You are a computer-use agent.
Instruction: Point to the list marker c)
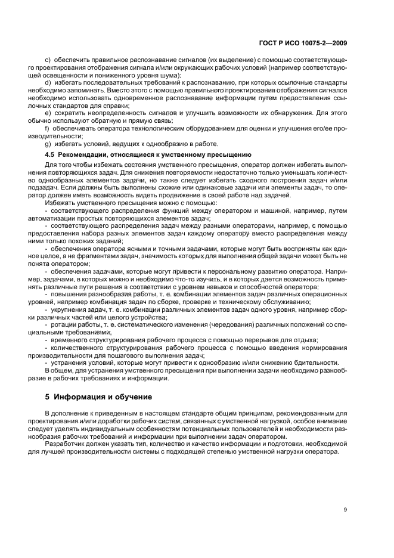tap(48, 60)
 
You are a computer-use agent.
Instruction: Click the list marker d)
tap(48, 82)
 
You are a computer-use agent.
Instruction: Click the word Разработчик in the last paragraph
tap(64, 444)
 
